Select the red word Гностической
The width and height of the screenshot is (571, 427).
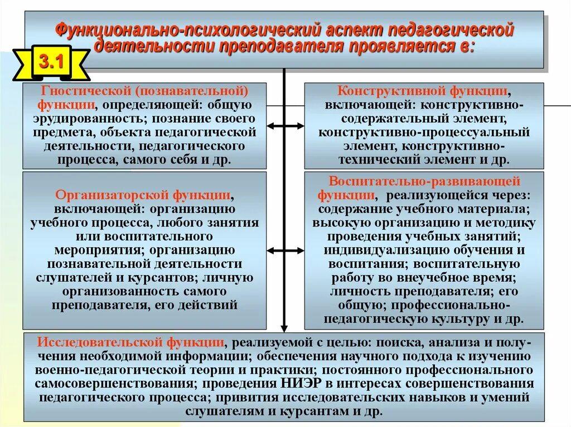[x=82, y=91]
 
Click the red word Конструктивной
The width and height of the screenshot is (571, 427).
[x=389, y=91]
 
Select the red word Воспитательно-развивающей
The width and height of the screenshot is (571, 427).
[x=424, y=182]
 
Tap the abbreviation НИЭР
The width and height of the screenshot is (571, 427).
[x=292, y=384]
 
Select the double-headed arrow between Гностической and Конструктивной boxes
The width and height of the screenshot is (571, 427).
[x=284, y=126]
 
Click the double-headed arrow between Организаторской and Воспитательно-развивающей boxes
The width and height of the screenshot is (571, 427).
[x=284, y=251]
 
